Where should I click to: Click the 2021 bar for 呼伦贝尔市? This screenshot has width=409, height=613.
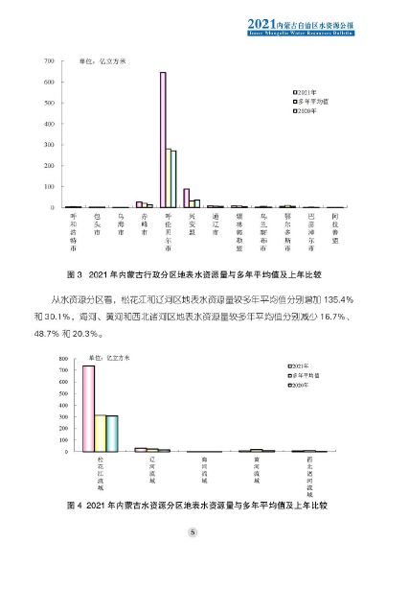[x=163, y=140]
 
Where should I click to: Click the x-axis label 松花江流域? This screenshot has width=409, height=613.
[x=88, y=475]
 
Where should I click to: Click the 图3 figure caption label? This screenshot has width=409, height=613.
[x=73, y=271]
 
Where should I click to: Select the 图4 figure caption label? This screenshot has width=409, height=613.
[x=73, y=504]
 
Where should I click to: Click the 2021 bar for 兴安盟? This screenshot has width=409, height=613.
[x=187, y=198]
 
